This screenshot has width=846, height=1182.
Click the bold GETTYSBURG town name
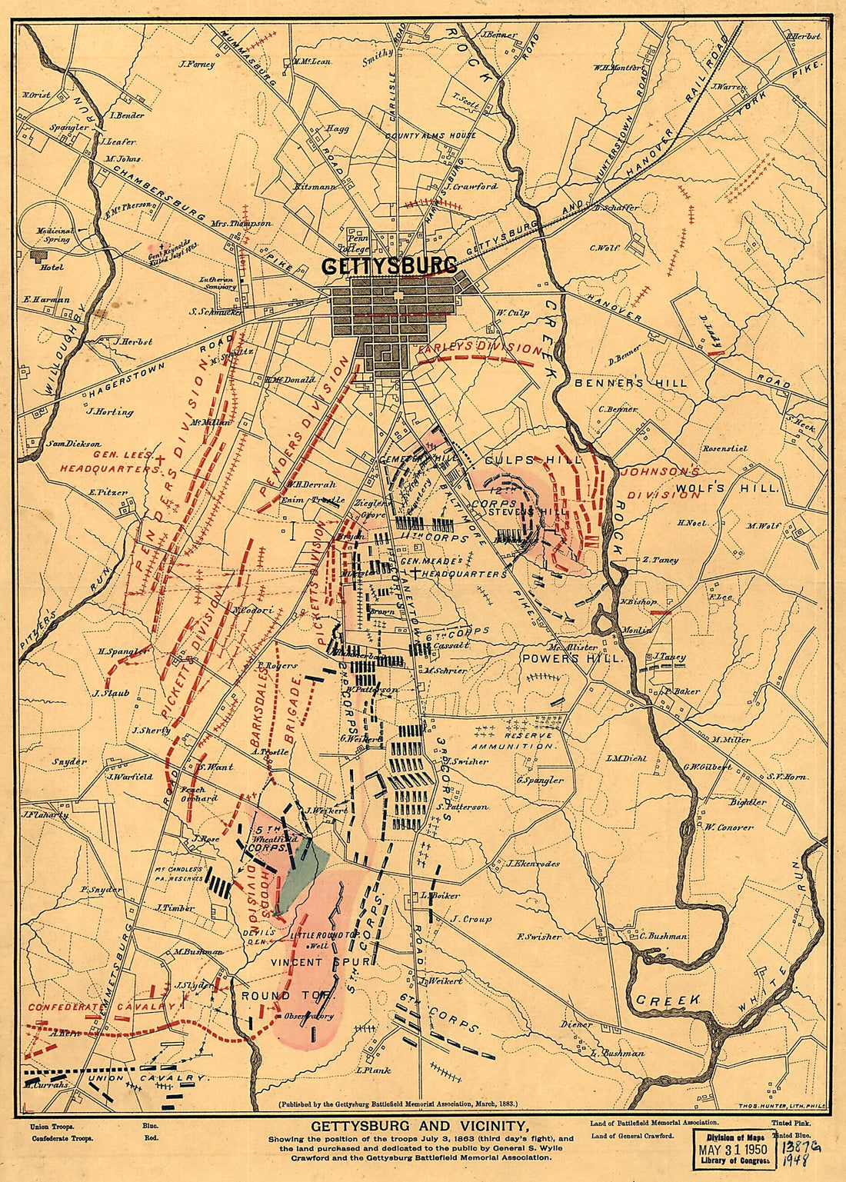[x=388, y=265]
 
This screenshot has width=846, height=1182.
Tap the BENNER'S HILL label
[x=631, y=382]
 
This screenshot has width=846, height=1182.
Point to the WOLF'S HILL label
[x=727, y=487]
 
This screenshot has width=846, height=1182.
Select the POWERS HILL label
[x=571, y=658]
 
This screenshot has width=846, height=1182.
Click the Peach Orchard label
[x=198, y=794]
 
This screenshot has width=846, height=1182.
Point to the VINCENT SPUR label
[x=321, y=961]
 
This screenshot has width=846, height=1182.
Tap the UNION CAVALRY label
[x=146, y=1078]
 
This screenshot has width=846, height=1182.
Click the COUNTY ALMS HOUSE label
[x=431, y=135]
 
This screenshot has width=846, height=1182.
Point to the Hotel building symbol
[x=35, y=255]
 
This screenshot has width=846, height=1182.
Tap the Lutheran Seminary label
[x=216, y=283]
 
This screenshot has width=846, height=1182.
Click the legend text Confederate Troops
[x=62, y=1138]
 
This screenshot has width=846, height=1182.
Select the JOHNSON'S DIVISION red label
[x=661, y=482]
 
